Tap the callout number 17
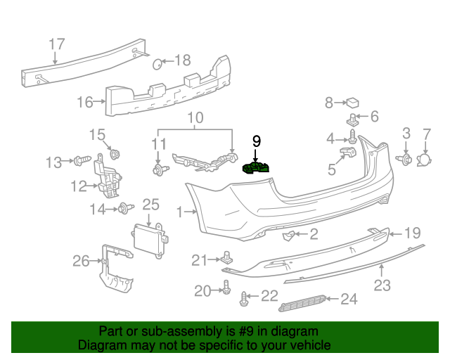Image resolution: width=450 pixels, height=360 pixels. (57, 44)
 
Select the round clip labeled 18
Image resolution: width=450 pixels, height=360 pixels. (158, 65)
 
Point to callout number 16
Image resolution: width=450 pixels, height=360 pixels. (84, 103)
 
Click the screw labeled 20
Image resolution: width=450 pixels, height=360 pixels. (226, 287)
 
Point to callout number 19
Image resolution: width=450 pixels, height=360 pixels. (412, 232)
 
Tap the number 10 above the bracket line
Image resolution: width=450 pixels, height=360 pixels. (195, 117)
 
